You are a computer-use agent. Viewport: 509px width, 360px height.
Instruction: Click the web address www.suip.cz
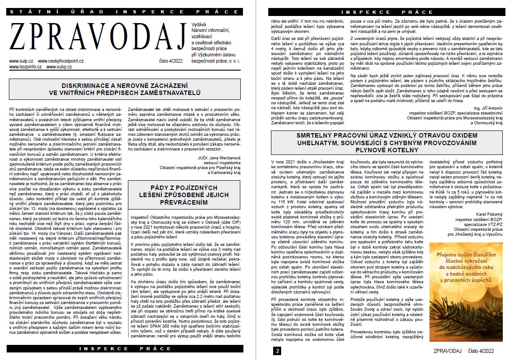[21, 61]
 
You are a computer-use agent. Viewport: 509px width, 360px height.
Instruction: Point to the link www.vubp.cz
[56, 67]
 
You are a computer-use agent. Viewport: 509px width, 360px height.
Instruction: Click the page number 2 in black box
[278, 351]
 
